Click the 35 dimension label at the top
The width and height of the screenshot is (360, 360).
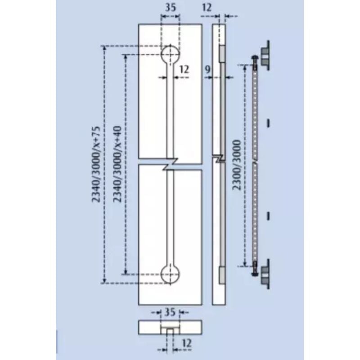(171, 8)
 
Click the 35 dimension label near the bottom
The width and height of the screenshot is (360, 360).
(170, 312)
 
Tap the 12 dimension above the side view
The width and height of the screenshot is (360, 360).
(207, 8)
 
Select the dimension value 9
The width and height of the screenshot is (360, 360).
(207, 69)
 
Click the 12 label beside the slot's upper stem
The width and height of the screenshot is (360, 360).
(184, 69)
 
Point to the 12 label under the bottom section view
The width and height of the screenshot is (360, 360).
(187, 343)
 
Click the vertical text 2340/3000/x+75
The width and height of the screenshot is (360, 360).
(96, 164)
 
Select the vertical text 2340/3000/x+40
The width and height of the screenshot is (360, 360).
(117, 164)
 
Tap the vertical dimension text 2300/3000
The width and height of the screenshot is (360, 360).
(237, 165)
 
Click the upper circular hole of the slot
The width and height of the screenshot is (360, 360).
(170, 54)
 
